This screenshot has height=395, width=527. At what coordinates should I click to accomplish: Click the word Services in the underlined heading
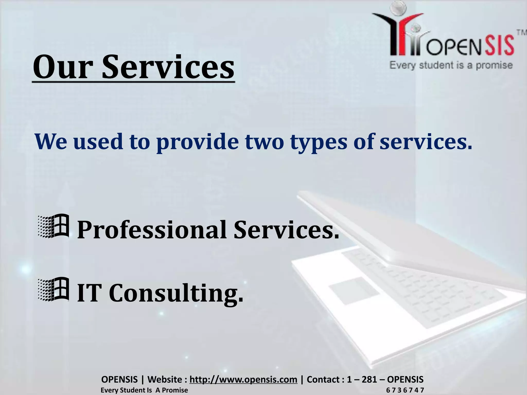[x=168, y=67]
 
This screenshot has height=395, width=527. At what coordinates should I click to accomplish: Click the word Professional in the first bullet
[x=152, y=230]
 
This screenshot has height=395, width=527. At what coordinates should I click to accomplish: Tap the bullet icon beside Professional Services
[x=53, y=226]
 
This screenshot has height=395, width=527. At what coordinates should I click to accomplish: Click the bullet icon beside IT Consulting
[x=53, y=289]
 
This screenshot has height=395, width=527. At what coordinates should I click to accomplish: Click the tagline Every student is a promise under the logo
[x=451, y=65]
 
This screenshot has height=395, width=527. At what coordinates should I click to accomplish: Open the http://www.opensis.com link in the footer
[x=243, y=379]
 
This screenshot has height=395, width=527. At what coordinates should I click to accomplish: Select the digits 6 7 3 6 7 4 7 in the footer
[x=405, y=390]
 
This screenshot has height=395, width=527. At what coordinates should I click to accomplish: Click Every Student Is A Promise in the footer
[x=144, y=390]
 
